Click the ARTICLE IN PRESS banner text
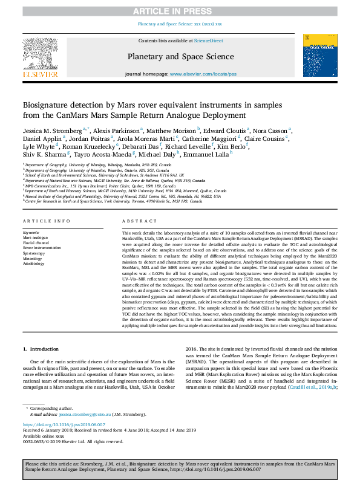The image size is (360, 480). (180, 11)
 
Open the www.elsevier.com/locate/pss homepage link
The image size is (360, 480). (203, 74)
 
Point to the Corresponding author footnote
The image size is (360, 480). (48, 409)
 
